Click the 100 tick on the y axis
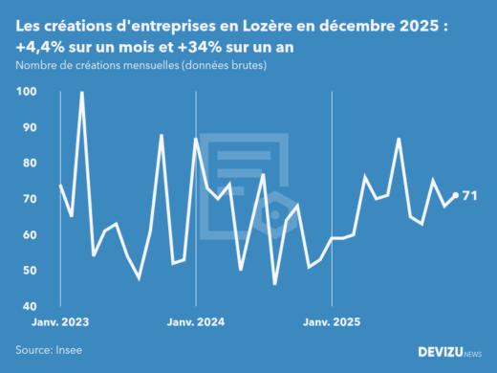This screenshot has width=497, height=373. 26,92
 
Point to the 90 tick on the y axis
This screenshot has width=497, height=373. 29,128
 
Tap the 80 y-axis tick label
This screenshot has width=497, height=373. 29,164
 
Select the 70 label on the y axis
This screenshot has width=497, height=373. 29,199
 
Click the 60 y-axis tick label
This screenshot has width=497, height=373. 29,235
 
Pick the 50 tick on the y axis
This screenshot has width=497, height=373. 29,271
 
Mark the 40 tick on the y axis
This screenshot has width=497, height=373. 29,306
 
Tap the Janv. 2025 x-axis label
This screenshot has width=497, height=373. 331,322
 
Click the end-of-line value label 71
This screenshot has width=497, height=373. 469,196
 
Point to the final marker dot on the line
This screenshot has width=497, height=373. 455,196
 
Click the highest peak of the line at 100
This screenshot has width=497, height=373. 81,93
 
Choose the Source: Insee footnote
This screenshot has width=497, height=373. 48,351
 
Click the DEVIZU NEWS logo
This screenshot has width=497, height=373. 450,352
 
